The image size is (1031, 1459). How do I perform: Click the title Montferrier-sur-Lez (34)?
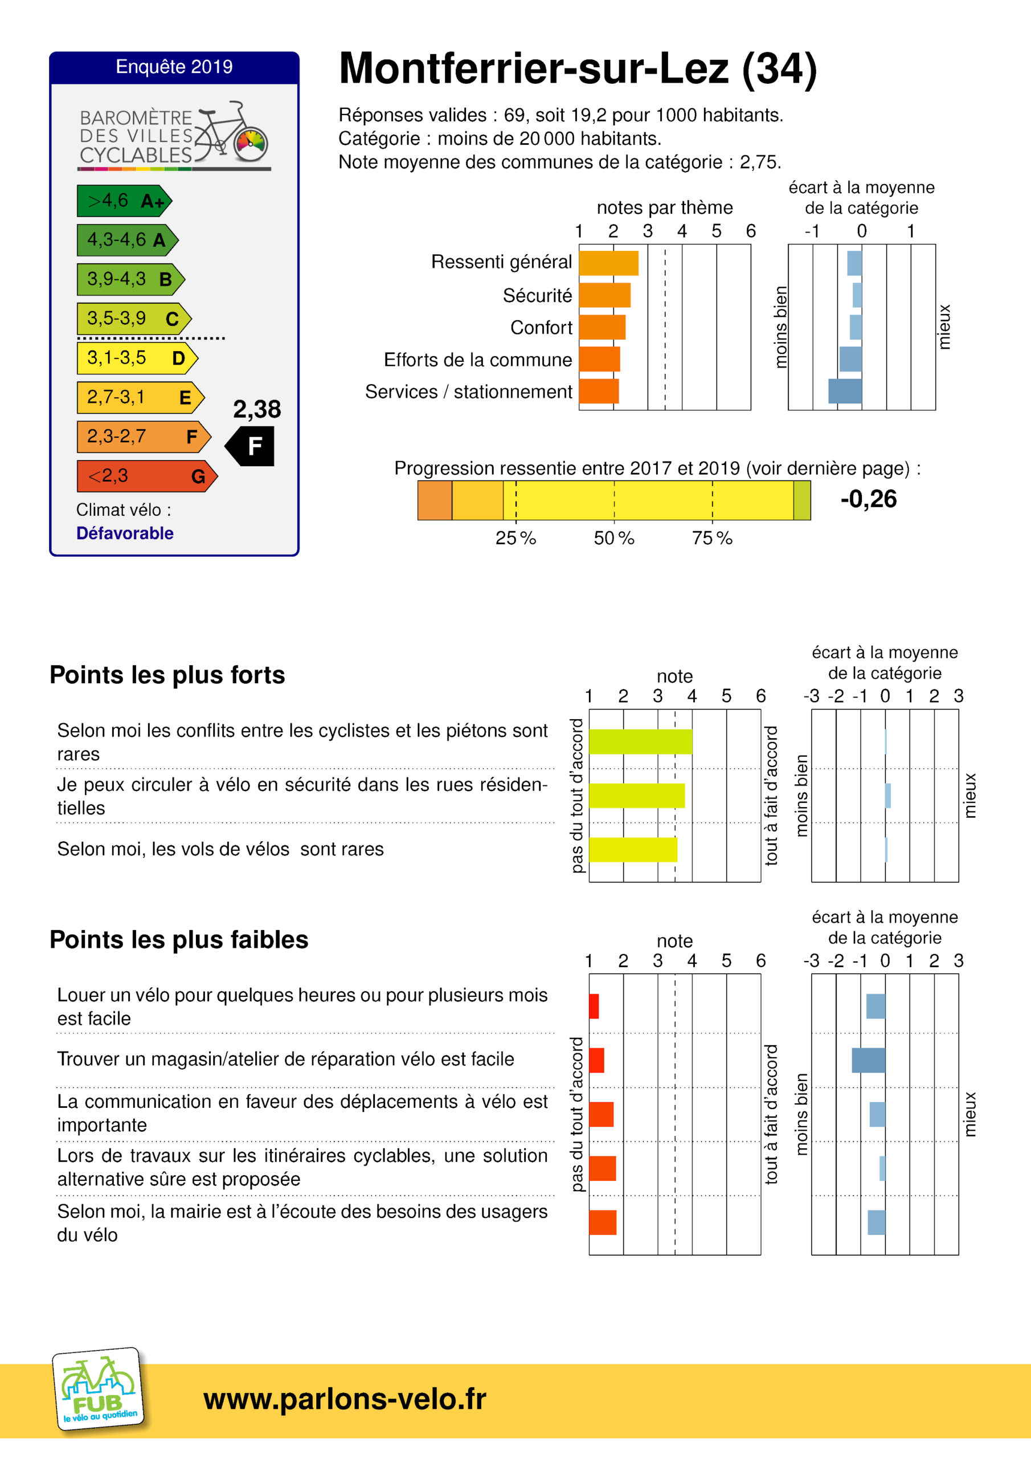[578, 68]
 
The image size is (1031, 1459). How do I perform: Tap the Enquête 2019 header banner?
[174, 67]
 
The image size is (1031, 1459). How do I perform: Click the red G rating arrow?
[148, 476]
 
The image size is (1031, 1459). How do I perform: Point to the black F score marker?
[250, 446]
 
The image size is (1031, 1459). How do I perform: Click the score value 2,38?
[257, 409]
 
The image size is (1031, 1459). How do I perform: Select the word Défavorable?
[125, 533]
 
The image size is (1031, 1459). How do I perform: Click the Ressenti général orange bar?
[608, 263]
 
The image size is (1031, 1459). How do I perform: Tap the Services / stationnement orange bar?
[599, 391]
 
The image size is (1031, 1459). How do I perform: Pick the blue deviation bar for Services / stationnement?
[845, 391]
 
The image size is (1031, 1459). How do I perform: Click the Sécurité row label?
[537, 295]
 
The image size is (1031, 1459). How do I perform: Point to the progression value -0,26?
[869, 499]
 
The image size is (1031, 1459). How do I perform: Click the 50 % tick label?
[613, 538]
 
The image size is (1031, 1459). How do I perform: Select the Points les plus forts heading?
[167, 675]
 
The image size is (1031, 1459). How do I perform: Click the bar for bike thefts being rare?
[633, 850]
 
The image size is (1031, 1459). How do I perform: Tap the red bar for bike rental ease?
[594, 1006]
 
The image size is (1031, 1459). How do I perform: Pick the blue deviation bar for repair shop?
[869, 1060]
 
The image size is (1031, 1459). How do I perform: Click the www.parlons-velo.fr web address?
[345, 1399]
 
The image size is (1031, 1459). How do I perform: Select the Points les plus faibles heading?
[179, 939]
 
